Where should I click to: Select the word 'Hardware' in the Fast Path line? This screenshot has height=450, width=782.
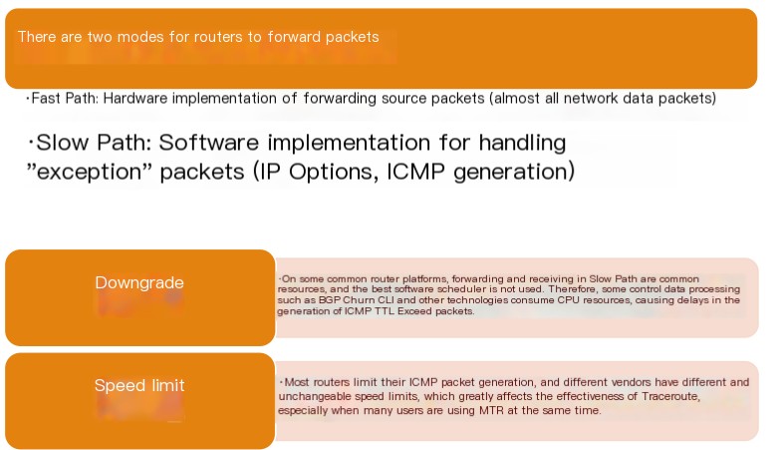pyautogui.click(x=135, y=98)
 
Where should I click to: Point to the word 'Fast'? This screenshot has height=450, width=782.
pyautogui.click(x=46, y=98)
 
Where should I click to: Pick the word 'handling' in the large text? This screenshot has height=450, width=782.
pyautogui.click(x=522, y=144)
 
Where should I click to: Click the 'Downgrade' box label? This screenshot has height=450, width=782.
pyautogui.click(x=139, y=282)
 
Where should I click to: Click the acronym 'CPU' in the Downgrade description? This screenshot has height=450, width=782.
pyautogui.click(x=568, y=300)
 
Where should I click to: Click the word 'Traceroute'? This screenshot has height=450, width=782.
pyautogui.click(x=670, y=396)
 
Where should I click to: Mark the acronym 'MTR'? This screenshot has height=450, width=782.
pyautogui.click(x=491, y=410)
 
